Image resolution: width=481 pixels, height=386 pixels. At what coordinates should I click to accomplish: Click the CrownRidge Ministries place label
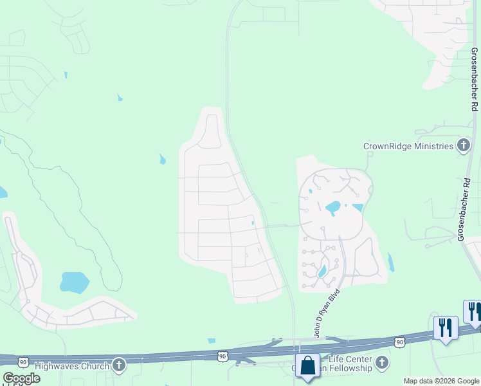coord(408,146)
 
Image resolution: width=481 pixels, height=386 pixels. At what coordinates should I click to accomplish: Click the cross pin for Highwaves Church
coord(118,365)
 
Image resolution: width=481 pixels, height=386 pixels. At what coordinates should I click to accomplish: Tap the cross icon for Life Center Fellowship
coord(382,363)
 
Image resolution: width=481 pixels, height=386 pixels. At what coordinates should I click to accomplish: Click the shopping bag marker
coord(308,365)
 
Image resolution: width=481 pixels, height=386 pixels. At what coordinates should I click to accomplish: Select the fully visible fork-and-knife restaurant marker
coord(445,327)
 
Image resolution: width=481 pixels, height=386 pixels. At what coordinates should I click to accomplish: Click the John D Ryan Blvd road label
coord(326,314)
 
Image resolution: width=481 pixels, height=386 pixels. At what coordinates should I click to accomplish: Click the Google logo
coord(21,378)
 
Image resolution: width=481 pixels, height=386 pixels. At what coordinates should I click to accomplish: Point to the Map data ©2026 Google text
coord(441,381)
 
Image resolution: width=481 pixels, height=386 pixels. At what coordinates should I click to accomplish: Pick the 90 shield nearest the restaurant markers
coord(399,342)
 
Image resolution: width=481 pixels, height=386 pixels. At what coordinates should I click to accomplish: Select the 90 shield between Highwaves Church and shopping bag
coord(222,355)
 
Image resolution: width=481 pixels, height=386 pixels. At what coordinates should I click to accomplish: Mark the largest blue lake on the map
coord(75,282)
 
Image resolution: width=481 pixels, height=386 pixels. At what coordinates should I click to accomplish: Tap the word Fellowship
coord(350,368)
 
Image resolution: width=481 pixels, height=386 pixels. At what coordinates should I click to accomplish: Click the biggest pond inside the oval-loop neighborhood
coord(333,208)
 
